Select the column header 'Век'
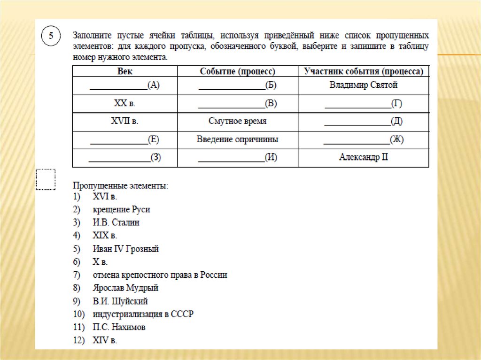(x=124, y=71)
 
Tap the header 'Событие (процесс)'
(x=237, y=71)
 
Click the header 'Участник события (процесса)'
(x=363, y=71)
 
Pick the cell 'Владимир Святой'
(x=363, y=85)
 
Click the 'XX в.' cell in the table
(x=124, y=104)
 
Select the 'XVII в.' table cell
(x=124, y=121)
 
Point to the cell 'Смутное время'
(x=237, y=121)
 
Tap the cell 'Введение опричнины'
(x=237, y=139)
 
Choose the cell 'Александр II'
(x=363, y=157)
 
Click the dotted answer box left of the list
(x=46, y=179)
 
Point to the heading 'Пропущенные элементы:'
(x=120, y=186)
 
